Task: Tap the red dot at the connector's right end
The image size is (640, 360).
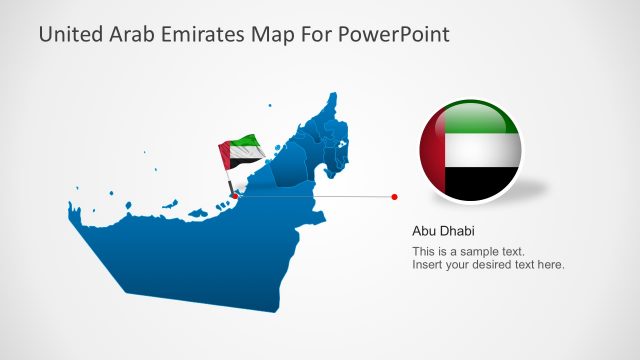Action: coord(395,197)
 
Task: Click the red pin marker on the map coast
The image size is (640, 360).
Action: coord(234,196)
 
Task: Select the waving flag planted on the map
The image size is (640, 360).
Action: coord(242,153)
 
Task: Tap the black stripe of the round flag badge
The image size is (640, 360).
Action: coord(480,184)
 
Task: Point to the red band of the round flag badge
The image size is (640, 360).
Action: coord(431,150)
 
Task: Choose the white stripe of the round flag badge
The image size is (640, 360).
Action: coord(482,150)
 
